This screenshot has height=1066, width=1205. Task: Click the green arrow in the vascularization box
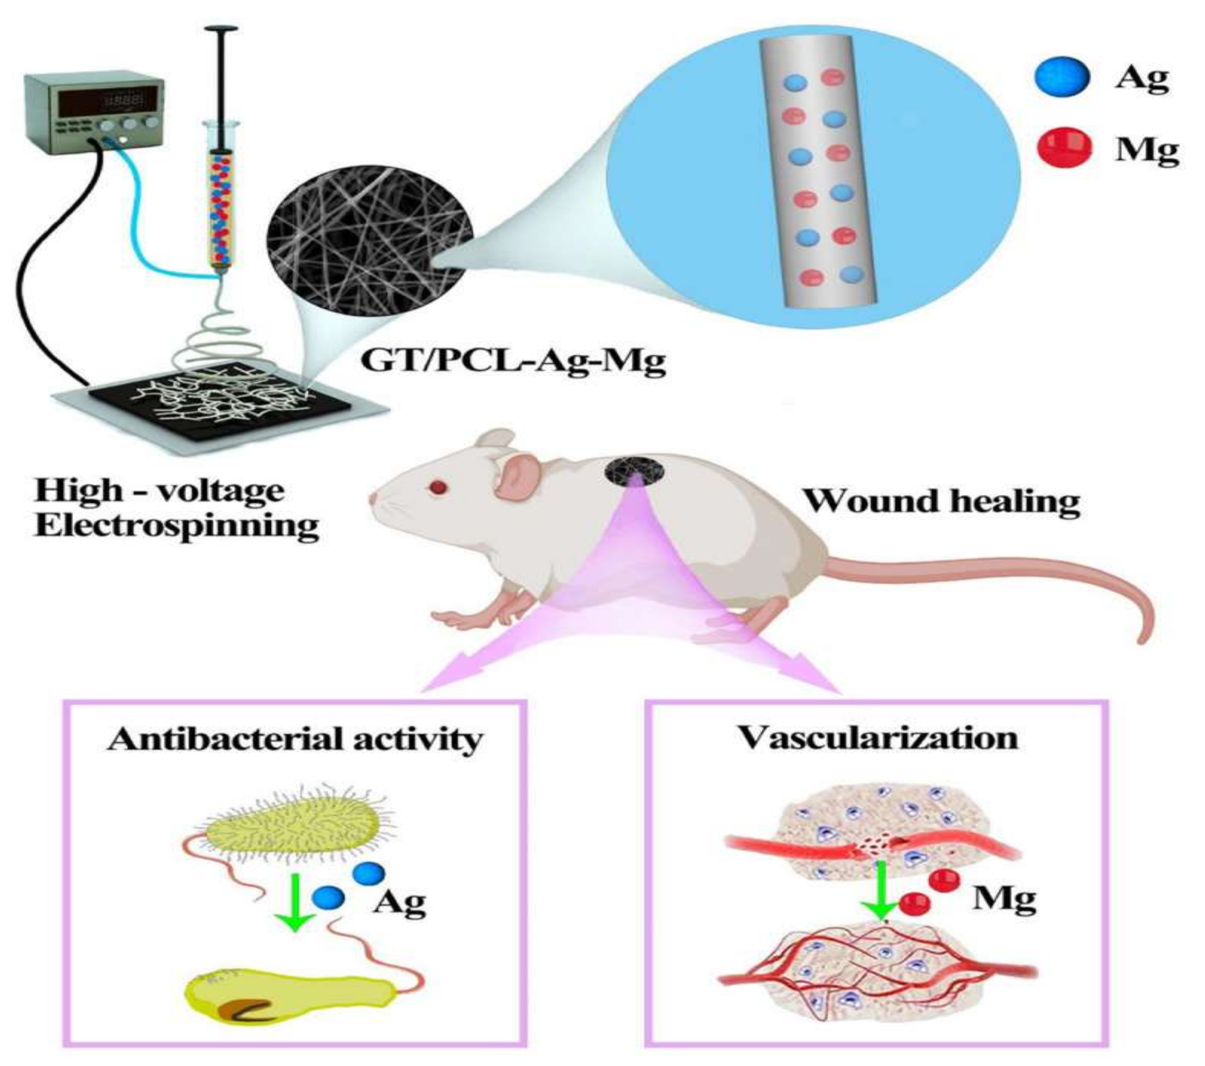pos(881,890)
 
